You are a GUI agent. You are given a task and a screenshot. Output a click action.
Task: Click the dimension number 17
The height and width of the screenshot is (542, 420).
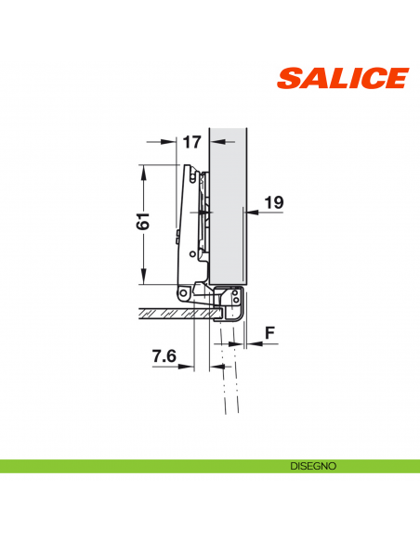click(x=191, y=142)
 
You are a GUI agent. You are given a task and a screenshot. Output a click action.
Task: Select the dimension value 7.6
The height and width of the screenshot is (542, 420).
click(x=164, y=355)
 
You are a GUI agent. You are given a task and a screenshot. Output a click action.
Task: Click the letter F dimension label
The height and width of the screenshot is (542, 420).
click(x=269, y=330)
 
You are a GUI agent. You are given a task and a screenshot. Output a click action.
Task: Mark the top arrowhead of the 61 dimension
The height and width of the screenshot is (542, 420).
click(x=143, y=170)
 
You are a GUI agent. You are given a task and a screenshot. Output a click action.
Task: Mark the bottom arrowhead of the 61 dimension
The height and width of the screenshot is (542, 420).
click(x=143, y=280)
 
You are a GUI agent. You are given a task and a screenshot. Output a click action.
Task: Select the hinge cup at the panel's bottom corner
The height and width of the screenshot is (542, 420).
click(x=229, y=302)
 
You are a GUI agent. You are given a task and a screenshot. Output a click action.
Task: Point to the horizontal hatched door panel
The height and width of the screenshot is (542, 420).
click(x=167, y=314)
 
